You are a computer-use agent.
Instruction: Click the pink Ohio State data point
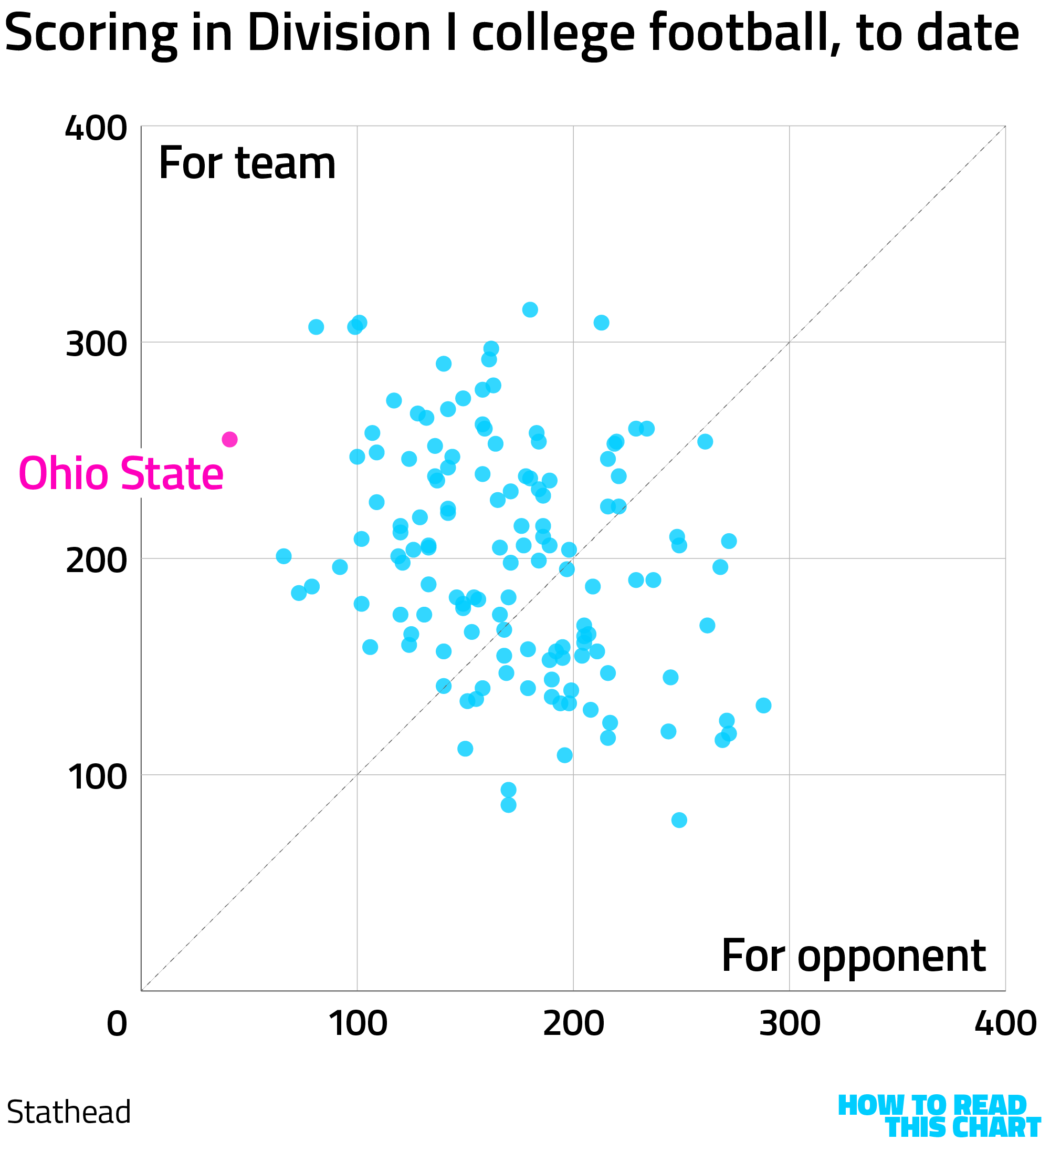click(229, 440)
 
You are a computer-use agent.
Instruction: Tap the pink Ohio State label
click(121, 474)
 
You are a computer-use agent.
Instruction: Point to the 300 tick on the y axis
click(96, 345)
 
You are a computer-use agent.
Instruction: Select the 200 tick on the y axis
click(96, 561)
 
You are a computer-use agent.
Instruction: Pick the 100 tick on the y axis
click(96, 777)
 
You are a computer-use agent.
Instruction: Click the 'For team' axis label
click(247, 164)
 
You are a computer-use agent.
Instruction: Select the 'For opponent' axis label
click(854, 956)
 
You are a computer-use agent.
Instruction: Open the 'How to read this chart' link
click(939, 1117)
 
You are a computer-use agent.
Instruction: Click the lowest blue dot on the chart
click(679, 821)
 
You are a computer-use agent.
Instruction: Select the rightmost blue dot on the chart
click(763, 706)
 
